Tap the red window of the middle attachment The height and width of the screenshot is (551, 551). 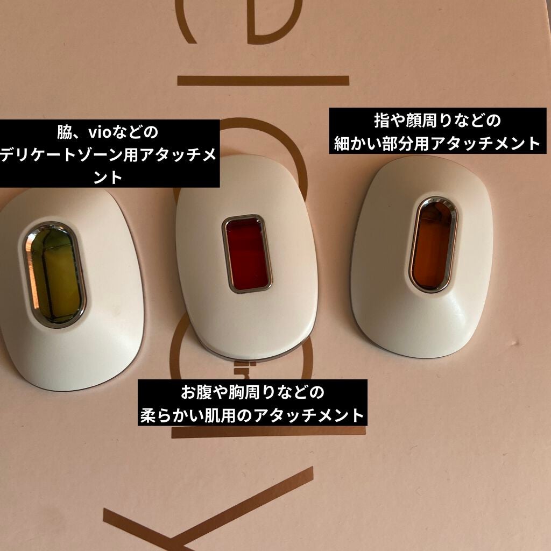[247, 253]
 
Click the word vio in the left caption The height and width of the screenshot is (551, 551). [94, 132]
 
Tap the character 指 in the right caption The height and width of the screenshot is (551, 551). [383, 120]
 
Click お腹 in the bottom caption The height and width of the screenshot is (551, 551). [193, 392]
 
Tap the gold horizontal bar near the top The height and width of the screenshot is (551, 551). [263, 81]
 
